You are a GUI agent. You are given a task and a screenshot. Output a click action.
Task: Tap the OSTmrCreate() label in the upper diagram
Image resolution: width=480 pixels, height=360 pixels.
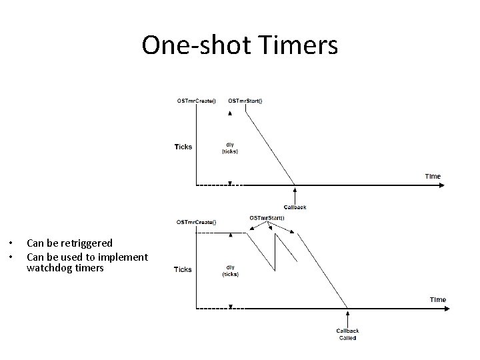pyautogui.click(x=196, y=101)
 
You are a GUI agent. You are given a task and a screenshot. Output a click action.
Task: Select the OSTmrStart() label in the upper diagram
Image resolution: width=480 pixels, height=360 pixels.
pyautogui.click(x=245, y=101)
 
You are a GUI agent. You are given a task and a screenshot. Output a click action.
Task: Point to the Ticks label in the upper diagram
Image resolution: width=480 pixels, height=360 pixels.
pyautogui.click(x=183, y=147)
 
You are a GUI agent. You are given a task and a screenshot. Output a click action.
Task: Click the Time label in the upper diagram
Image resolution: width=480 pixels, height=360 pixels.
pyautogui.click(x=433, y=176)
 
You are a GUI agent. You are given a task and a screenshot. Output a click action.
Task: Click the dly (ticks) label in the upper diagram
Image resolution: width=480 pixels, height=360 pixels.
pyautogui.click(x=230, y=148)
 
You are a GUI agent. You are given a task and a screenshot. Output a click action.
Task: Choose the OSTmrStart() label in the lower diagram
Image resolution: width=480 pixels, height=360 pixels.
pyautogui.click(x=267, y=217)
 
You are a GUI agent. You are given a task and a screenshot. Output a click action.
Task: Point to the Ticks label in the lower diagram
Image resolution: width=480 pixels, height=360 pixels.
pyautogui.click(x=183, y=269)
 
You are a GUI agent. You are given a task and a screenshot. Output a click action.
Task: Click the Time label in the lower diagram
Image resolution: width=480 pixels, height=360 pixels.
pyautogui.click(x=437, y=299)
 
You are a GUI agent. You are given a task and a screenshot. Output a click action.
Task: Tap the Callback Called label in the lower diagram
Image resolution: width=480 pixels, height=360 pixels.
pyautogui.click(x=347, y=334)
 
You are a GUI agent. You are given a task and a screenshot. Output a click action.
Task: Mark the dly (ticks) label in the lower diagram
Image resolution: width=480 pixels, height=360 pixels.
pyautogui.click(x=230, y=271)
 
